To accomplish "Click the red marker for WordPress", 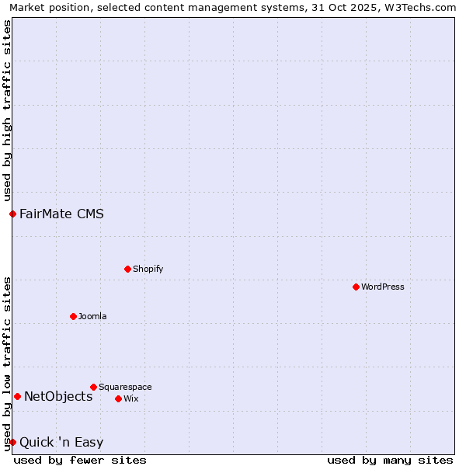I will pyautogui.click(x=356, y=287).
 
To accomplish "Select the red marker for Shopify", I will pyautogui.click(x=127, y=269).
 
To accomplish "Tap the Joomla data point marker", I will pyautogui.click(x=73, y=316).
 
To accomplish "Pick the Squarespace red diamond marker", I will pyautogui.click(x=93, y=387).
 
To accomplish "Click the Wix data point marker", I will pyautogui.click(x=118, y=398).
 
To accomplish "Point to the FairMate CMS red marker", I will pyautogui.click(x=12, y=214).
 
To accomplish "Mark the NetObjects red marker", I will pyautogui.click(x=17, y=396).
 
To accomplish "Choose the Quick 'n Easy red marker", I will pyautogui.click(x=12, y=442).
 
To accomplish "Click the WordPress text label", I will pyautogui.click(x=383, y=287).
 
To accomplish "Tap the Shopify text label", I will pyautogui.click(x=148, y=269).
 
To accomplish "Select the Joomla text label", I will pyautogui.click(x=92, y=316).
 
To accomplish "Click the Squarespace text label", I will pyautogui.click(x=125, y=387).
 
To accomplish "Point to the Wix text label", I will pyautogui.click(x=130, y=398).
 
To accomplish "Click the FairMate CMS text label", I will pyautogui.click(x=61, y=214).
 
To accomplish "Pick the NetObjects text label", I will pyautogui.click(x=58, y=396).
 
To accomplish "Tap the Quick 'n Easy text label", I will pyautogui.click(x=61, y=442).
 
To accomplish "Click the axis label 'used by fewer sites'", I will pyautogui.click(x=80, y=460).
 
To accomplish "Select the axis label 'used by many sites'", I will pyautogui.click(x=390, y=460).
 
